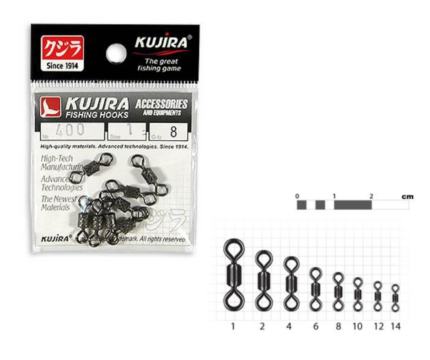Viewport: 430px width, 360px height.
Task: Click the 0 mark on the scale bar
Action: [x=297, y=196]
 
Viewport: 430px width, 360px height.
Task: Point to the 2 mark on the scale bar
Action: [x=372, y=196]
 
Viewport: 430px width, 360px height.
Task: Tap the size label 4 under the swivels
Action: [x=290, y=326]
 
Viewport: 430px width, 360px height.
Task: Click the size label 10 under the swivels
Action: [x=357, y=326]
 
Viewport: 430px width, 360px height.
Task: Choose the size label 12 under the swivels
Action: [x=377, y=326]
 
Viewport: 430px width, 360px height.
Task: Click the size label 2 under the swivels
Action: [x=262, y=326]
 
